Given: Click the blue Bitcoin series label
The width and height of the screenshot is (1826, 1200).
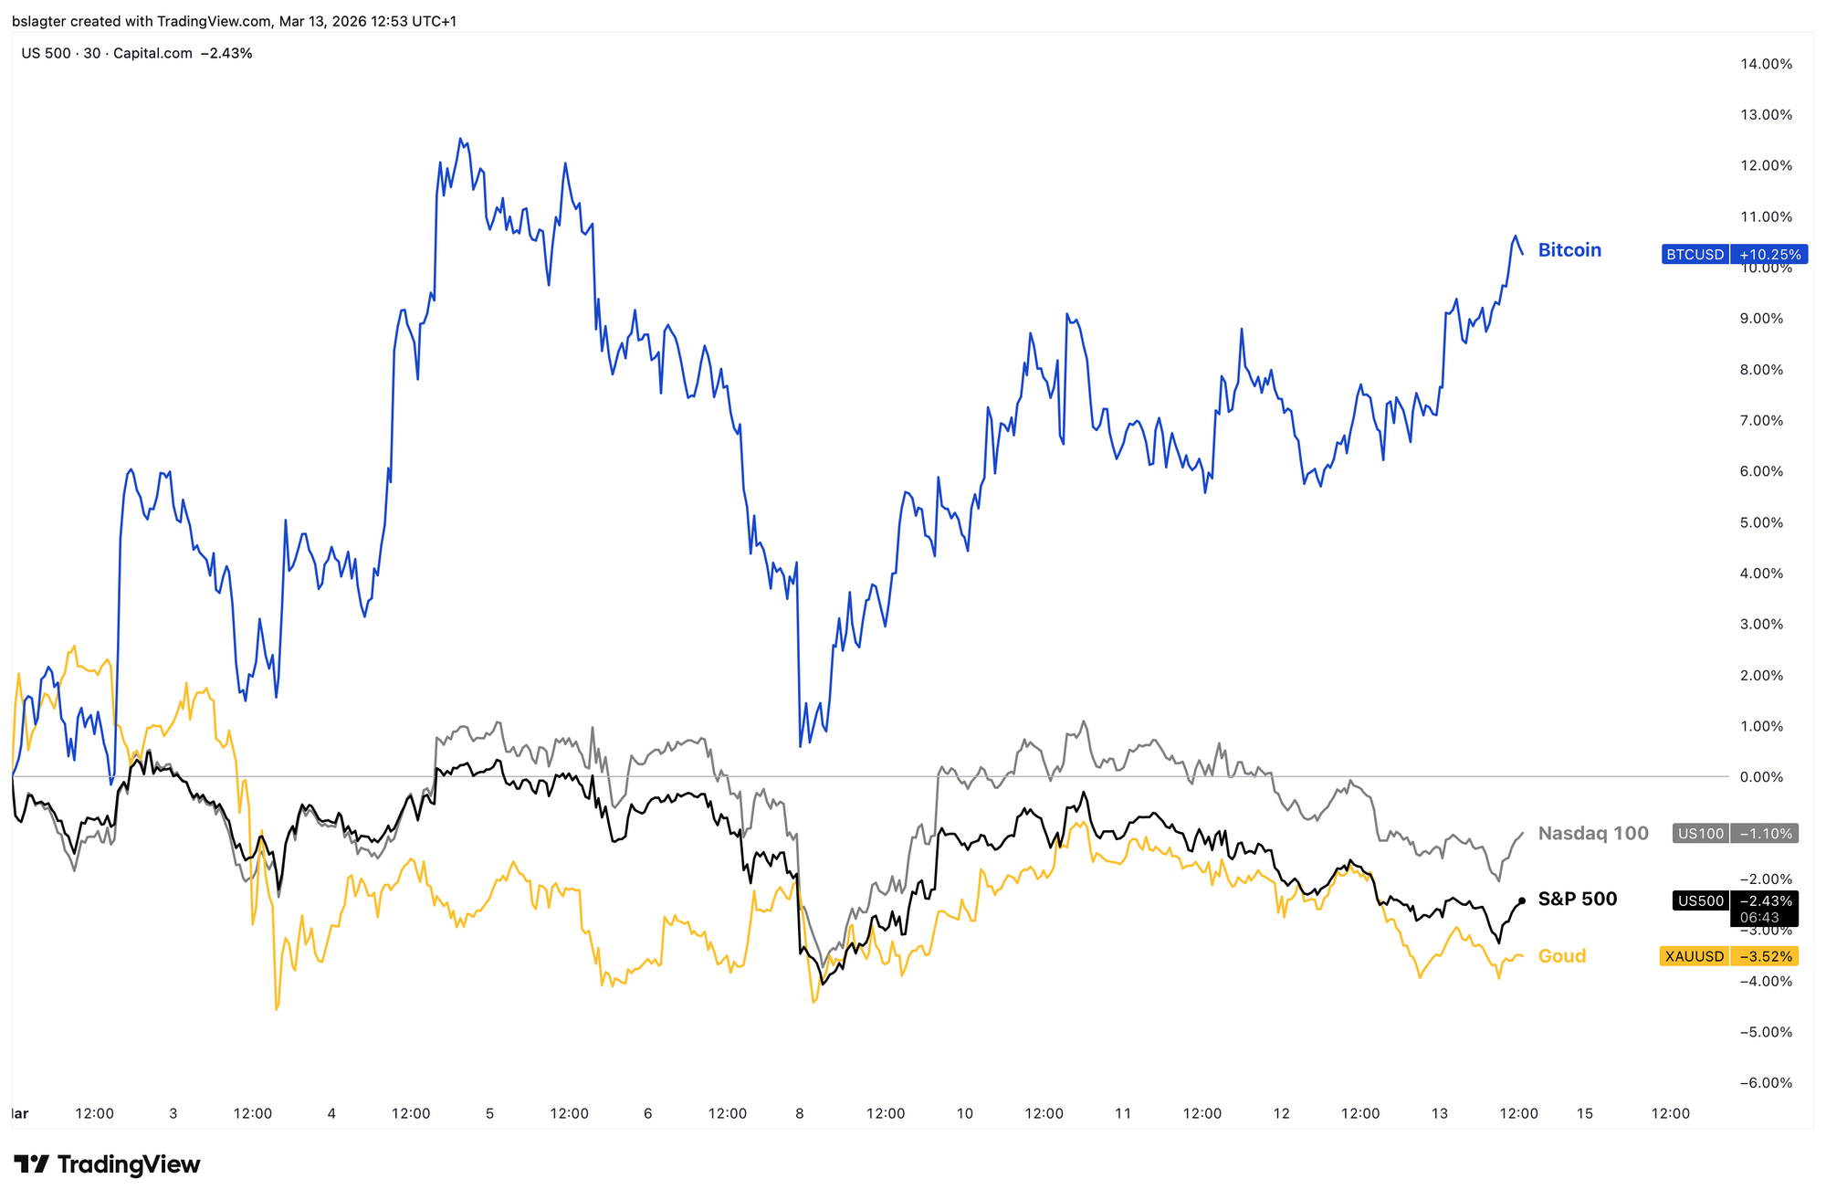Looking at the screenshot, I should [1569, 250].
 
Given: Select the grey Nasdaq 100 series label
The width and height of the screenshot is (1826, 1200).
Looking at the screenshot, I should [1593, 833].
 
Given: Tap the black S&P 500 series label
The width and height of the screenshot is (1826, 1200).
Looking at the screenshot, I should [1577, 899].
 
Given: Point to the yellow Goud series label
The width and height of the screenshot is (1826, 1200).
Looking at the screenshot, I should [1562, 956].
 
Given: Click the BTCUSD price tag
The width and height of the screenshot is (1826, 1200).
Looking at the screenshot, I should [1695, 255].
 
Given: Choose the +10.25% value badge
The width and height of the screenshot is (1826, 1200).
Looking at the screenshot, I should [1769, 255].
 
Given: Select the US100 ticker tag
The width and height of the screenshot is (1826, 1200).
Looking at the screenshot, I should [1700, 833].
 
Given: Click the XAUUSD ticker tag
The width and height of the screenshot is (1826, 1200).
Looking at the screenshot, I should [1694, 956].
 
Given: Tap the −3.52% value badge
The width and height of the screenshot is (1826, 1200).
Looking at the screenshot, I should [1765, 956].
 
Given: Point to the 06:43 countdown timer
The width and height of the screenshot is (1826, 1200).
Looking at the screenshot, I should [1758, 918].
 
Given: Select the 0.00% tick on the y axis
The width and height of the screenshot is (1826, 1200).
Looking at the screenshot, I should [1768, 777].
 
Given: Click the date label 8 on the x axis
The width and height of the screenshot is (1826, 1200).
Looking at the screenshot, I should [800, 1113].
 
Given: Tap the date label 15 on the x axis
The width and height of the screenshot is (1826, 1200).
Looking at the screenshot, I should [1585, 1113].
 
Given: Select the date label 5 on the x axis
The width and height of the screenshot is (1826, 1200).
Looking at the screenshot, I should [489, 1113].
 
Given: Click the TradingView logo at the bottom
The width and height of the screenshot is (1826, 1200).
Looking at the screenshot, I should [107, 1164].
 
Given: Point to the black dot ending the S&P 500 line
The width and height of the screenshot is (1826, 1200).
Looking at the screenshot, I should [1521, 900].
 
